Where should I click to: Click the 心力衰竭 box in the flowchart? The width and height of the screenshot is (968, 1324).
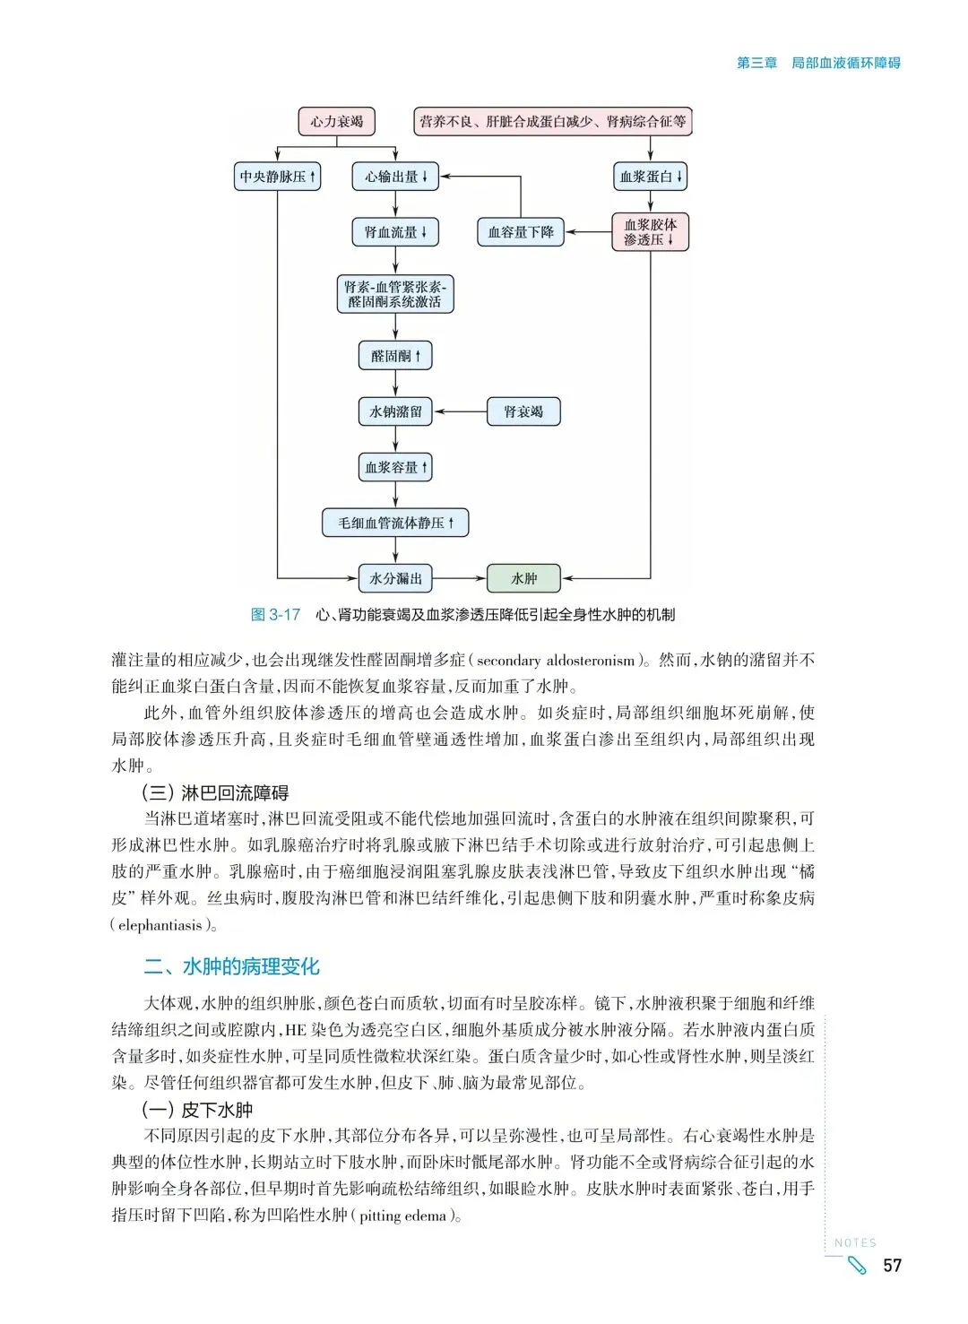[x=336, y=122]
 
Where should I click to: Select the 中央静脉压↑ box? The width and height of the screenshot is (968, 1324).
[x=277, y=177]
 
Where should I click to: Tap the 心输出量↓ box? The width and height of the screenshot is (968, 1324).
[x=395, y=177]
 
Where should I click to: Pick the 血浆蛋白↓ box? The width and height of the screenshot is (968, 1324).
[x=651, y=177]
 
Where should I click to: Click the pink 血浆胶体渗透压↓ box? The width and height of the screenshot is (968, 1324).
[x=651, y=232]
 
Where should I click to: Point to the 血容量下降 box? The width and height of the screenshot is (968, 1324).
[x=521, y=232]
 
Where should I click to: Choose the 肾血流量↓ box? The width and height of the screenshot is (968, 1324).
[x=395, y=232]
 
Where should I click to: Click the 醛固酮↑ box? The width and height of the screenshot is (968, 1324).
[x=395, y=356]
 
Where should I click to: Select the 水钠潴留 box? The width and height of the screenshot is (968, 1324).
[x=395, y=411]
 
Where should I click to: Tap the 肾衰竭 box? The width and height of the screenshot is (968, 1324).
[x=523, y=411]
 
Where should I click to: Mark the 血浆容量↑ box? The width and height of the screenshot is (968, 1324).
[x=395, y=467]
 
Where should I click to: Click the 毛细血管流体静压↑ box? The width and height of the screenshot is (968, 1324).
[x=395, y=523]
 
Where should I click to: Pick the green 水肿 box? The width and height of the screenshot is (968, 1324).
[x=523, y=578]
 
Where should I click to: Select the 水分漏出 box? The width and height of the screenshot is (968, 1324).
[x=395, y=578]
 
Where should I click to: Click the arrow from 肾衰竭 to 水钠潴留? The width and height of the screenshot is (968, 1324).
[x=460, y=411]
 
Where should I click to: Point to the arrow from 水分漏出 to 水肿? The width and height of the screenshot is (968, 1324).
[x=460, y=578]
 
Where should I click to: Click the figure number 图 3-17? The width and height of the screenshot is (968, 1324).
[x=275, y=615]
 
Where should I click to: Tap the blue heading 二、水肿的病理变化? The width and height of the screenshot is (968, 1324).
[x=232, y=966]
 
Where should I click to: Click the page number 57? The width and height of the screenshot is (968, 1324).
[x=892, y=1265]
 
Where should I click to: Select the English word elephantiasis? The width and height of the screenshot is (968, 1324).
[x=160, y=925]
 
